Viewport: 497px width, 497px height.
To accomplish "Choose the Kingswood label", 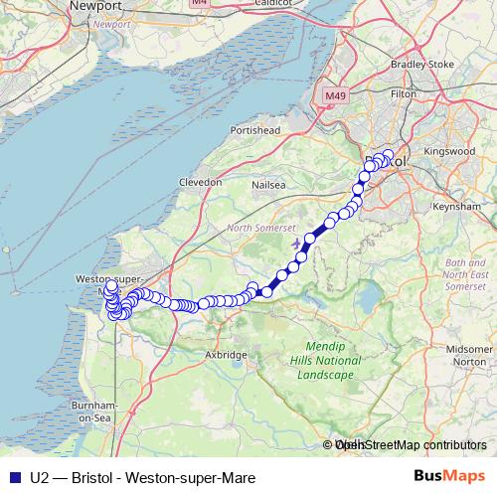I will [x=455, y=152].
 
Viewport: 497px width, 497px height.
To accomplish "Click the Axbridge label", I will [x=226, y=354].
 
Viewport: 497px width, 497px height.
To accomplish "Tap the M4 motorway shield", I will [x=200, y=3].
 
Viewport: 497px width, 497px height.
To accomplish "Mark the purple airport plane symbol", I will [x=294, y=242].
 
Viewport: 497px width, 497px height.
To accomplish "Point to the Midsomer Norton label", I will [x=469, y=355].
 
